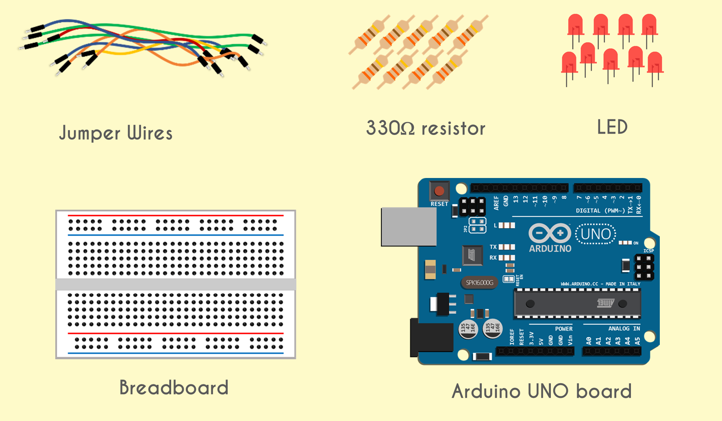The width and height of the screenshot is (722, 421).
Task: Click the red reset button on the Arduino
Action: pyautogui.click(x=439, y=191)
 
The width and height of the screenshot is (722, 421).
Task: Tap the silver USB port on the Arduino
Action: pyautogui.click(x=408, y=227)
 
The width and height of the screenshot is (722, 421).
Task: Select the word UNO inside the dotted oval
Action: pyautogui.click(x=596, y=234)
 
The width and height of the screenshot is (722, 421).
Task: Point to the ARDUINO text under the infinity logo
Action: pyautogui.click(x=550, y=248)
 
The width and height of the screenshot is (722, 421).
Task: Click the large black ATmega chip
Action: pyautogui.click(x=577, y=304)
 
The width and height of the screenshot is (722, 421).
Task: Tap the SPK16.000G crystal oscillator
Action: pyautogui.click(x=480, y=282)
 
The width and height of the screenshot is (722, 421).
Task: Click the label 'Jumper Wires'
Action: pyautogui.click(x=116, y=133)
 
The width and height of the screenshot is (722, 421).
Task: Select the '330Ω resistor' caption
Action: pyautogui.click(x=426, y=128)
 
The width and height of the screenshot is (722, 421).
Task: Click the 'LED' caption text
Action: pyautogui.click(x=612, y=127)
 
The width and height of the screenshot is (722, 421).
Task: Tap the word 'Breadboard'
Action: pyautogui.click(x=174, y=388)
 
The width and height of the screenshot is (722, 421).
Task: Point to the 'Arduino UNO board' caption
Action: pyautogui.click(x=542, y=391)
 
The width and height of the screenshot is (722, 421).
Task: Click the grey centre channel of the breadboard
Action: pyautogui.click(x=176, y=284)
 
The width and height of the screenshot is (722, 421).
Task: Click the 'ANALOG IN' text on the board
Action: pyautogui.click(x=624, y=328)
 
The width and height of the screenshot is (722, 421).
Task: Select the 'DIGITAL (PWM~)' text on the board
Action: pyautogui.click(x=600, y=210)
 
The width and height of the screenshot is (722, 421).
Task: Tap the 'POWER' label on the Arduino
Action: pyautogui.click(x=563, y=329)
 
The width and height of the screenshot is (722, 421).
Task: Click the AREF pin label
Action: pyautogui.click(x=496, y=203)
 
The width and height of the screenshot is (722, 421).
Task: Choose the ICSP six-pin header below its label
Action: pyautogui.click(x=644, y=267)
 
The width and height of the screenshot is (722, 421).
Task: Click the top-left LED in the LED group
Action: pyautogui.click(x=575, y=25)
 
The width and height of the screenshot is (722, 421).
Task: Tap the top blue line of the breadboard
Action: pyautogui.click(x=176, y=235)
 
